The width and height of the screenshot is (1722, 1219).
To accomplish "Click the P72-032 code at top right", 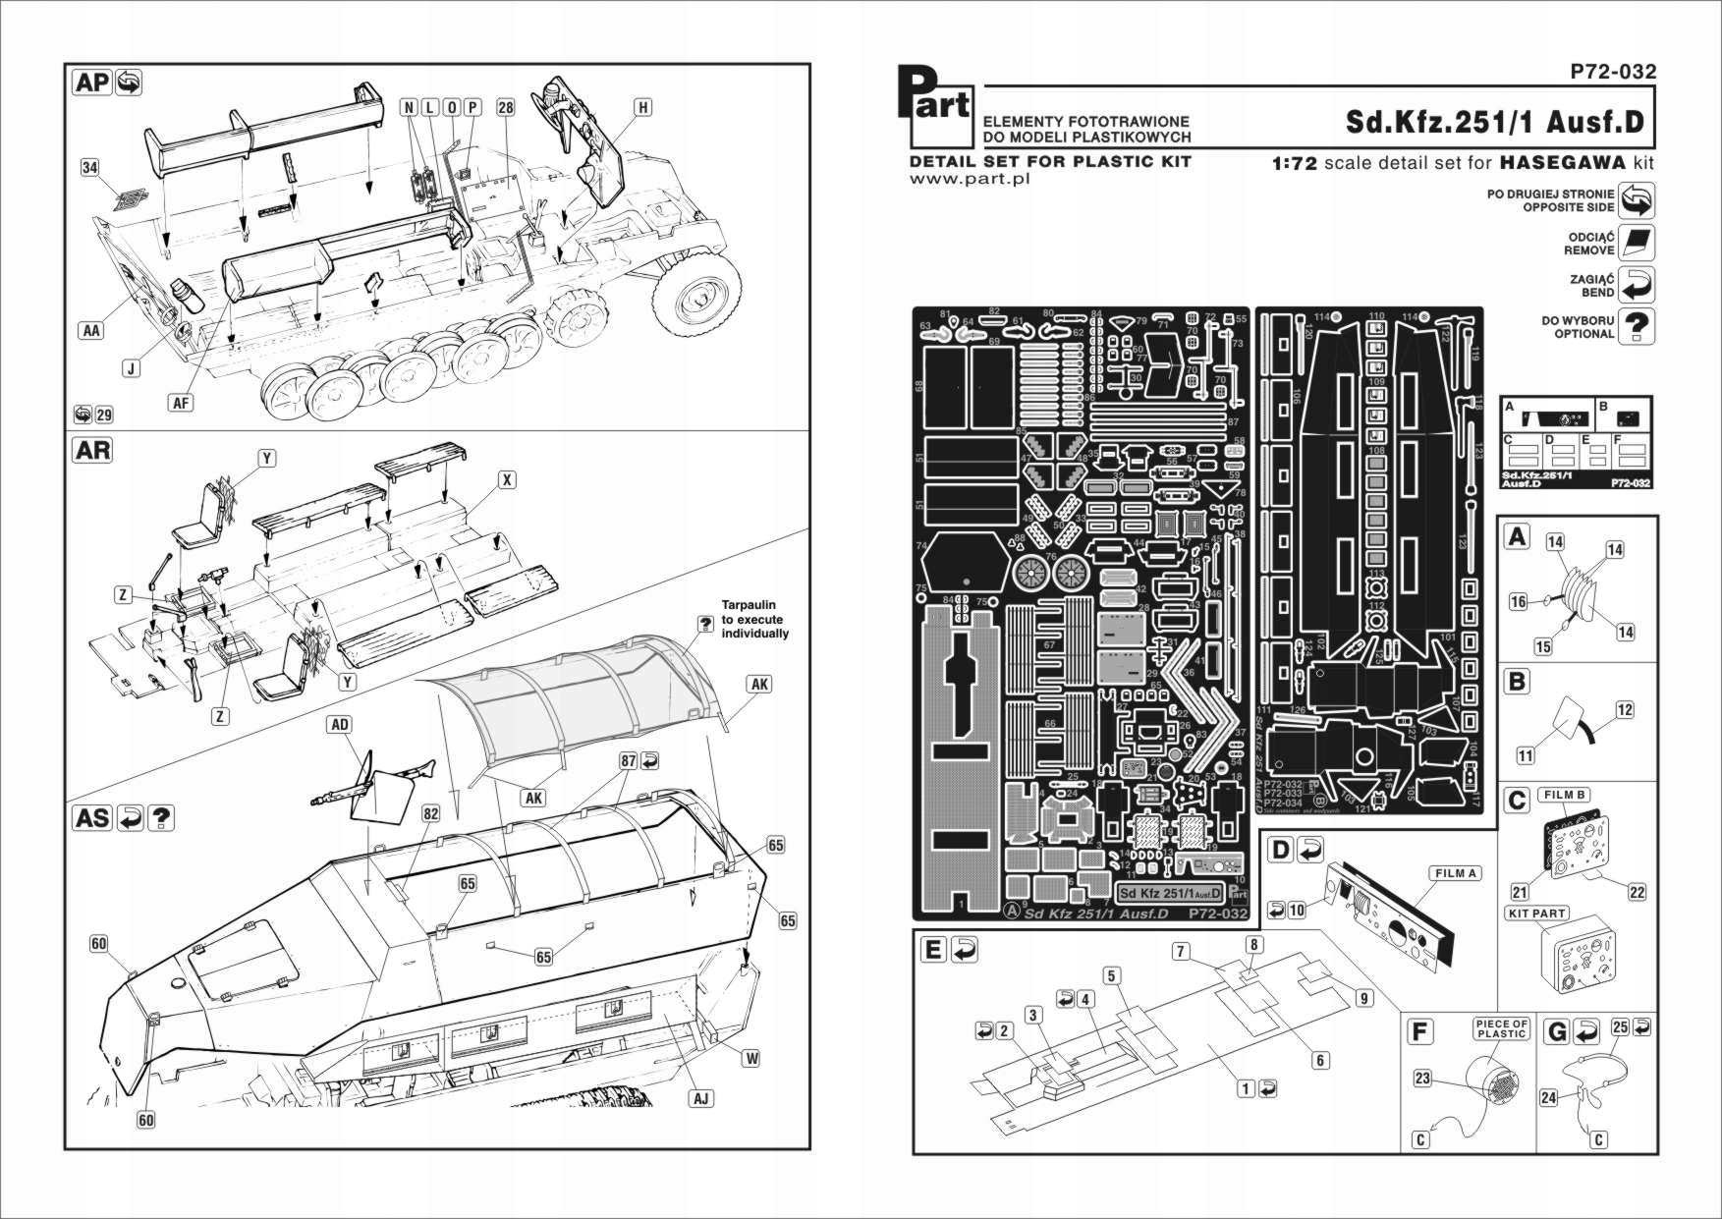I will (x=1613, y=71).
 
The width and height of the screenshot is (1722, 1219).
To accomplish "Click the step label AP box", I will (x=93, y=83).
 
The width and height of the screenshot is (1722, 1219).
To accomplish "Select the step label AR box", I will (x=93, y=451).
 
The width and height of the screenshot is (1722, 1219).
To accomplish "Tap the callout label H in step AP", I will (x=642, y=107).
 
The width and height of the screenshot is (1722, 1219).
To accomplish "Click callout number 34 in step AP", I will (x=90, y=168).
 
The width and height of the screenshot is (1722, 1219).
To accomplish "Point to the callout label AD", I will (x=339, y=725).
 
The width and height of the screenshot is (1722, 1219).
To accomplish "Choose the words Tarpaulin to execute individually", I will (x=754, y=620).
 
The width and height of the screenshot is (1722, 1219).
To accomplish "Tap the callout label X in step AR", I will (x=507, y=480).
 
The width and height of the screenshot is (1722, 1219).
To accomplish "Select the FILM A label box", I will (x=1455, y=873).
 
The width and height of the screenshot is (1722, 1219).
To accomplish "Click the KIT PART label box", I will (x=1536, y=914).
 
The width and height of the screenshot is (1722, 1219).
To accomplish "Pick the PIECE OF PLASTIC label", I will (x=1501, y=1028).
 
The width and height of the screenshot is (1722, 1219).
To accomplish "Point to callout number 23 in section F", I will (x=1422, y=1079).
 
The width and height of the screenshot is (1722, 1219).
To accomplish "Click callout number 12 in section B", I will (x=1625, y=710).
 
